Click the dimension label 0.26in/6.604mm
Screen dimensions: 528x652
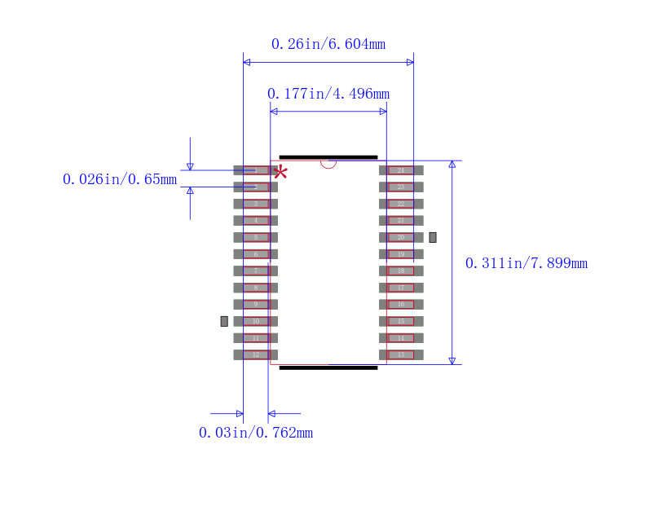coord(328,44)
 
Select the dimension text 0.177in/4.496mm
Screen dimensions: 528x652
coord(328,94)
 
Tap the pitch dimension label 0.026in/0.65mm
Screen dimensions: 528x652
coord(120,179)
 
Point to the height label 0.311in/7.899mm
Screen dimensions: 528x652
coord(526,263)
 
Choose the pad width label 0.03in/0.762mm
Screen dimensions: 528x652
coord(256,433)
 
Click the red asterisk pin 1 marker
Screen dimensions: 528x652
coord(280,172)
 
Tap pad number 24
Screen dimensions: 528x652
coord(401,170)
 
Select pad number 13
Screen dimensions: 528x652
coord(401,354)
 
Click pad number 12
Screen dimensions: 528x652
coord(255,354)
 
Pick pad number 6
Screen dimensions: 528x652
coord(255,254)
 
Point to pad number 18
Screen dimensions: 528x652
coord(401,271)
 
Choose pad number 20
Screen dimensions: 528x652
coord(401,237)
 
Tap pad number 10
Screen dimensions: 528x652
coord(255,321)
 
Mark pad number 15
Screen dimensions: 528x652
coord(401,321)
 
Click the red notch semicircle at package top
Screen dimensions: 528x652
coord(328,164)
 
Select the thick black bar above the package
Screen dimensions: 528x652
coord(328,157)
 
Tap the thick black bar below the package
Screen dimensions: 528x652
coord(328,367)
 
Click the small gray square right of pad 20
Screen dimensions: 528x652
coord(433,237)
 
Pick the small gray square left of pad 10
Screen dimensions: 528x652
coord(224,321)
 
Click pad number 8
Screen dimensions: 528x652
coord(255,288)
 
